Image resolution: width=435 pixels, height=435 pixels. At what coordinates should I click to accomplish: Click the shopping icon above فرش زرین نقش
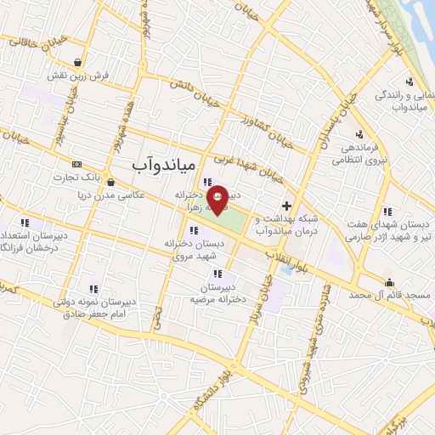pos(78,62)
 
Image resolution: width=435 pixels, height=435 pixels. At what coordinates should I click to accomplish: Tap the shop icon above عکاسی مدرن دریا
pos(112,181)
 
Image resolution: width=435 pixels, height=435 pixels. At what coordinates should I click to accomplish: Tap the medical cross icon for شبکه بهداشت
pos(287,206)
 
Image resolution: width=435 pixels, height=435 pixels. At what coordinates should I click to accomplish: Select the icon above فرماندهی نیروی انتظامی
pos(359,134)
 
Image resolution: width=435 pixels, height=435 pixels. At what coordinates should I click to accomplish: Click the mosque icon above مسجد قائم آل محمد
pos(390,283)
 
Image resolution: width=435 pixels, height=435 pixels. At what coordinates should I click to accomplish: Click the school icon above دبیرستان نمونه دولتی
pos(93,289)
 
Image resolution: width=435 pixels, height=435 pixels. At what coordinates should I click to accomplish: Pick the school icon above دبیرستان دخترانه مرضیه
pos(218,274)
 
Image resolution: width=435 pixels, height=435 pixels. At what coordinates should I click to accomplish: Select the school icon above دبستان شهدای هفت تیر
pos(387,211)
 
